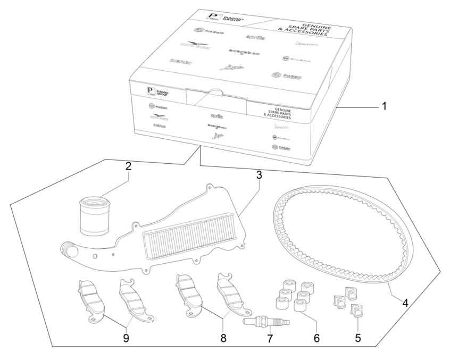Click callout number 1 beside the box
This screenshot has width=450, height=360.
383,105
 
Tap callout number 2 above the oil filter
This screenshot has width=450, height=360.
128,166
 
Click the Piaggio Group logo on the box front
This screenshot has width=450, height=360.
156,90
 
